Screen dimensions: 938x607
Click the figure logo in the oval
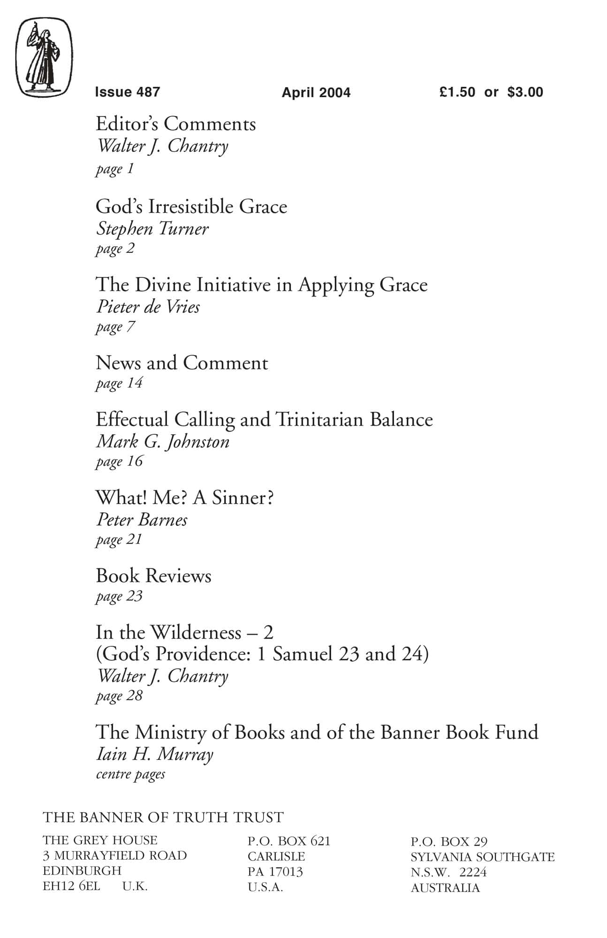tap(44, 57)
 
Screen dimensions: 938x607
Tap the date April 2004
tap(316, 92)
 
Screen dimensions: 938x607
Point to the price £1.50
tap(457, 92)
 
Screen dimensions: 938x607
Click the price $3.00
tap(525, 92)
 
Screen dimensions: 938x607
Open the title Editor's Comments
tap(175, 124)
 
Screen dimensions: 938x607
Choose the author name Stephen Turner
tap(152, 229)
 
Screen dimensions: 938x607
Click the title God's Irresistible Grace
tap(191, 206)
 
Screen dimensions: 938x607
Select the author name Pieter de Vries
tap(148, 307)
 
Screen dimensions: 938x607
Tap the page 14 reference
tap(119, 383)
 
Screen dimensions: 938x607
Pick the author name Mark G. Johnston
tap(162, 441)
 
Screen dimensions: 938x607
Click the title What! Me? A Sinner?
tap(184, 498)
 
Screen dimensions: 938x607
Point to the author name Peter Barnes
tap(142, 520)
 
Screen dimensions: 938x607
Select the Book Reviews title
tap(153, 576)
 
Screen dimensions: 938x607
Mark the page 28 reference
tap(119, 696)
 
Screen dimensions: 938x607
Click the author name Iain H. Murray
tap(154, 754)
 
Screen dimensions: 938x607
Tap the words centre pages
tap(130, 774)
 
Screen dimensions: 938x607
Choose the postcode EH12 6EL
tap(71, 886)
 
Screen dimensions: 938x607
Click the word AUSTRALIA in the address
tap(445, 888)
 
